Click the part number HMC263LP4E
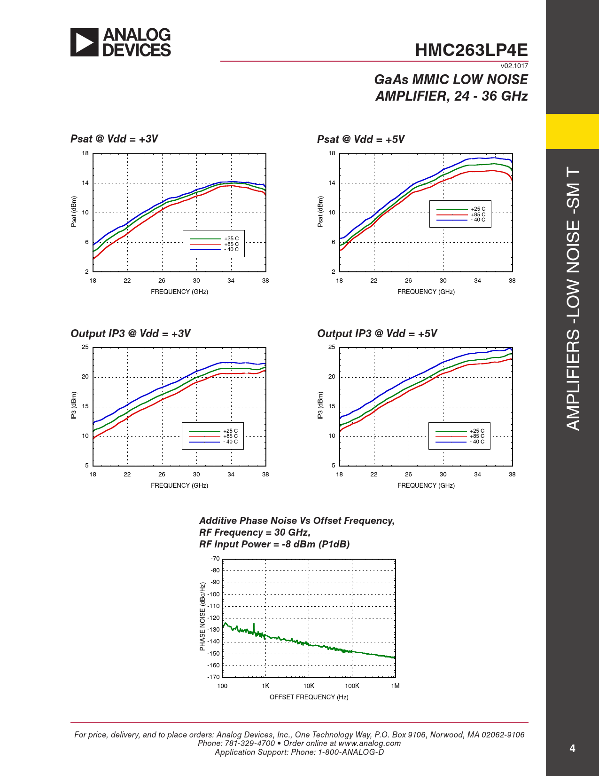click(x=471, y=50)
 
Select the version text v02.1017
click(x=514, y=66)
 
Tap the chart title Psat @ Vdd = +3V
click(x=114, y=139)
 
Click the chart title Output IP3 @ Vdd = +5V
click(x=377, y=333)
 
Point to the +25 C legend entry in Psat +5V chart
click(x=478, y=209)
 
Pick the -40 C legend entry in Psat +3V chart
click(x=232, y=249)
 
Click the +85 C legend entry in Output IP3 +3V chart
click(x=230, y=436)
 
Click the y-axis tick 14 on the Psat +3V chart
click(x=85, y=183)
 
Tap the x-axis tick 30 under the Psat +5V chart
click(x=443, y=281)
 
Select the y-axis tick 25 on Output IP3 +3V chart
click(x=85, y=347)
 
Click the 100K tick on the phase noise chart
click(x=352, y=686)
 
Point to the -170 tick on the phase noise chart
click(x=214, y=677)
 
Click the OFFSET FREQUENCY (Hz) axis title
click(x=309, y=697)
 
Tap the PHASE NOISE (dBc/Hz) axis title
click(x=202, y=617)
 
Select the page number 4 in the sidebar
click(x=572, y=748)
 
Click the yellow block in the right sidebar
click(x=572, y=131)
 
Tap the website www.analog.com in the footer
click(x=369, y=743)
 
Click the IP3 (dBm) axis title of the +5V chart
click(x=320, y=405)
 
